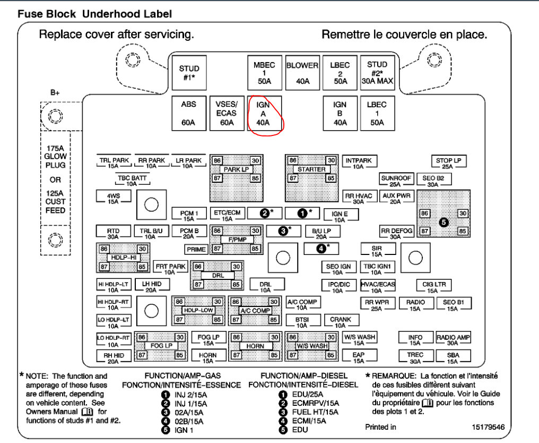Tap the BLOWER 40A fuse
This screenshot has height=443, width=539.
coord(302,74)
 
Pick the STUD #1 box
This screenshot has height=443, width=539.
coord(189,73)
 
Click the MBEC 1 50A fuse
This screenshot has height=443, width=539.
coord(264,74)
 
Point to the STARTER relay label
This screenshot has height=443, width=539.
coord(311,169)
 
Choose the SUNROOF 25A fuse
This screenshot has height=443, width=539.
coord(395,181)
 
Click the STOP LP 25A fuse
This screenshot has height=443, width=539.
coord(448,163)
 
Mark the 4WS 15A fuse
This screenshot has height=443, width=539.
coord(113,198)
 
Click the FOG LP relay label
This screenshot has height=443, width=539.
coord(161,346)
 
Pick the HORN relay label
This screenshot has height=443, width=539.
coord(255,346)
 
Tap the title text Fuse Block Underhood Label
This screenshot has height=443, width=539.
coord(94,14)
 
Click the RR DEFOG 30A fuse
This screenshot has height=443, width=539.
coord(396,233)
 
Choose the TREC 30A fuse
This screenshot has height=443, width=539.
coord(415,357)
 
